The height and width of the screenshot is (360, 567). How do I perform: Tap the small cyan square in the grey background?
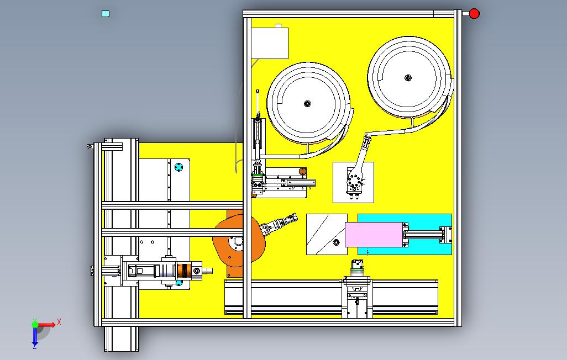click(106, 14)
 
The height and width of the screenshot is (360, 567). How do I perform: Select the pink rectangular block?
click(374, 235)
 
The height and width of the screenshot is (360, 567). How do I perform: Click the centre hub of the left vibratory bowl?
click(308, 103)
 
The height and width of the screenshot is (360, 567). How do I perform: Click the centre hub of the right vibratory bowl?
click(408, 78)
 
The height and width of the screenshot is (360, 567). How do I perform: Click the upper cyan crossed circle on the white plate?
click(178, 166)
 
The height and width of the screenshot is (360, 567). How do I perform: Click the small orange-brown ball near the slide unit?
click(302, 172)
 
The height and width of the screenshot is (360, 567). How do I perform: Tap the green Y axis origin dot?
click(34, 325)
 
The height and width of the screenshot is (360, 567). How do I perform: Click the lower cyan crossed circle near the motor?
click(179, 283)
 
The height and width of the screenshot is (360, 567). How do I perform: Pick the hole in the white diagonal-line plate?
click(337, 242)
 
